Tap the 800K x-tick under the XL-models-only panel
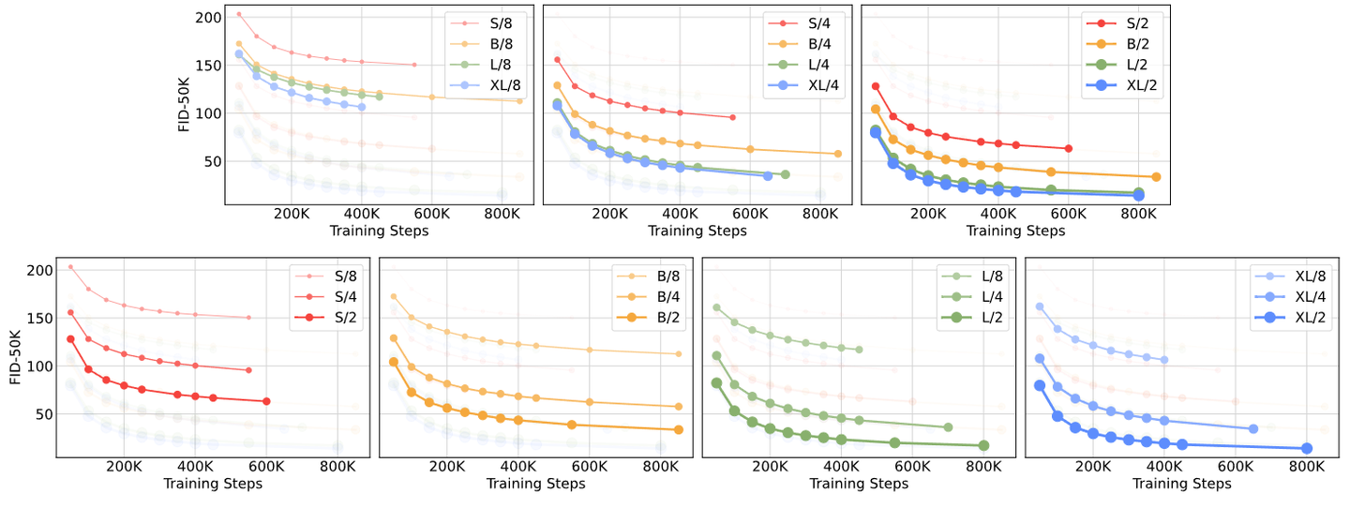coord(1304,467)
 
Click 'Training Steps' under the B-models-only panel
coord(535,484)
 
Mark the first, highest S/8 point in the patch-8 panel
coord(239,14)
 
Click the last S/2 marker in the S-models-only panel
coord(266,401)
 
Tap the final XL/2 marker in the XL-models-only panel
coord(1306,448)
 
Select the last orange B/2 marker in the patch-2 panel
coord(1156,176)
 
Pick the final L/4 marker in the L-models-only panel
coord(948,427)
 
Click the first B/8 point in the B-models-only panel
coord(394,296)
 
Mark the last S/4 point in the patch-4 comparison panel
coord(731,117)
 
